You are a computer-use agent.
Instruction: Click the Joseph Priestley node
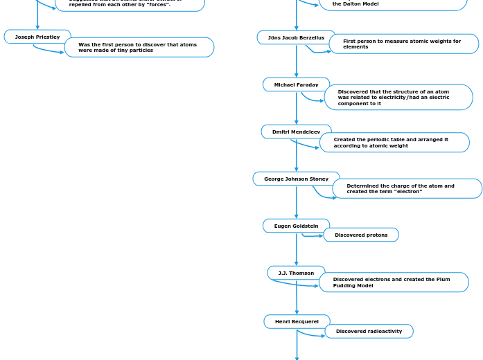(x=37, y=37)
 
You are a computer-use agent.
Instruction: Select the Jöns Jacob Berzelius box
(x=296, y=37)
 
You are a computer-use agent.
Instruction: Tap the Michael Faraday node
(x=296, y=84)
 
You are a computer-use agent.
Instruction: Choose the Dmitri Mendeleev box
(x=296, y=132)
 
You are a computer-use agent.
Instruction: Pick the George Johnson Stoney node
(x=296, y=179)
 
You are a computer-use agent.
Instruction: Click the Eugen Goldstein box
(x=296, y=226)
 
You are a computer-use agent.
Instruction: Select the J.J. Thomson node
(x=296, y=273)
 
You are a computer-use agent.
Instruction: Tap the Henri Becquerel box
(x=297, y=321)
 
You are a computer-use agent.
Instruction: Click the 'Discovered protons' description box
(x=361, y=235)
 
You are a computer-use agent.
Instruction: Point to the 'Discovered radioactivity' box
(x=369, y=331)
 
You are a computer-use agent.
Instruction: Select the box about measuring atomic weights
(x=403, y=44)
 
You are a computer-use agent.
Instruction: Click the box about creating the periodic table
(x=394, y=143)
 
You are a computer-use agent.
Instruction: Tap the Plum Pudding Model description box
(x=394, y=282)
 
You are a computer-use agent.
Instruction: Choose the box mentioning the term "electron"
(x=407, y=188)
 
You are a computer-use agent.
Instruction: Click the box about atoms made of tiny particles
(x=139, y=47)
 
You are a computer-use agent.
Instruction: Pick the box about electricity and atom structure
(x=398, y=98)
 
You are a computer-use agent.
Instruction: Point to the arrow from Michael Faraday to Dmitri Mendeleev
(x=297, y=108)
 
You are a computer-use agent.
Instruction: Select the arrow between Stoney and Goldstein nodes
(x=297, y=202)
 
